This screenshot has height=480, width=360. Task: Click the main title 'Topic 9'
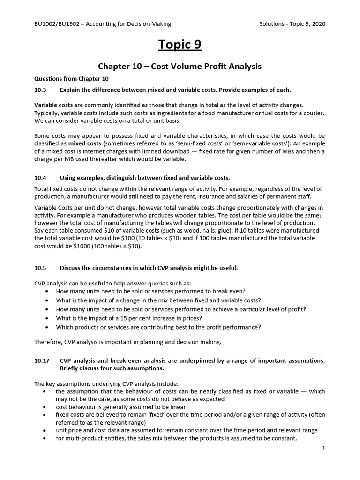click(x=180, y=45)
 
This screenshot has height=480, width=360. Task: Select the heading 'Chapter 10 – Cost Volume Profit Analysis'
click(x=180, y=67)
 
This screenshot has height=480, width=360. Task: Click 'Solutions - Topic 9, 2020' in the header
click(x=292, y=24)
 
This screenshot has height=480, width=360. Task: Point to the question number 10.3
click(x=41, y=90)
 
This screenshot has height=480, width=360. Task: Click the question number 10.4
click(x=41, y=178)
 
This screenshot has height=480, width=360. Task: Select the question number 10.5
click(x=41, y=268)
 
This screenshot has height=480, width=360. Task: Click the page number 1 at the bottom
click(x=323, y=448)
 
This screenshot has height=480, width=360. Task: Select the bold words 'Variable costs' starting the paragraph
click(x=53, y=105)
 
